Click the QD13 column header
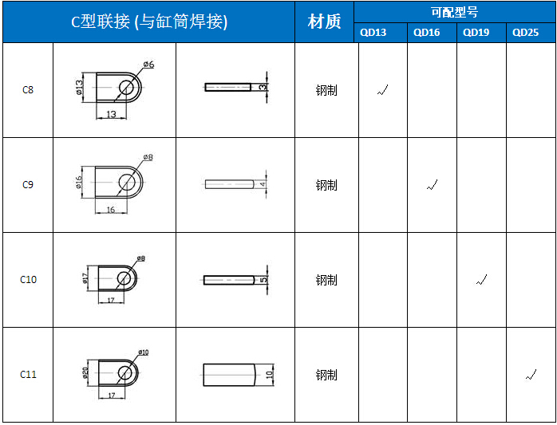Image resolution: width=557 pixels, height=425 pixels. [x=373, y=33]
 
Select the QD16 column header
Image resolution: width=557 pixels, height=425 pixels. [x=426, y=33]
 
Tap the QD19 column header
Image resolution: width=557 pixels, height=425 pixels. [x=476, y=33]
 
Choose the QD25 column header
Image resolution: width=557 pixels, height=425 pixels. [x=525, y=33]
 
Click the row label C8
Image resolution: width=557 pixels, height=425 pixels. [x=28, y=90]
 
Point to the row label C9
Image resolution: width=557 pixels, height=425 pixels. [x=28, y=185]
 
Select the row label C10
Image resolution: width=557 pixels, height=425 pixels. [x=28, y=280]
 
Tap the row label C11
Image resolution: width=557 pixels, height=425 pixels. [x=28, y=375]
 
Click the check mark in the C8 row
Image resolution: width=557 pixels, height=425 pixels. [x=382, y=90]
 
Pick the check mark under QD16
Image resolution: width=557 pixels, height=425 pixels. [x=432, y=185]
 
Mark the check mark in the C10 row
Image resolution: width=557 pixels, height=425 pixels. [x=481, y=280]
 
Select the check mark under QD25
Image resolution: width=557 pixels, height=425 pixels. [x=531, y=375]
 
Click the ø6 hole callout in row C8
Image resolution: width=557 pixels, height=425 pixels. [x=149, y=65]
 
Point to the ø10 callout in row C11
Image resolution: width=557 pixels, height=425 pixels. [x=143, y=352]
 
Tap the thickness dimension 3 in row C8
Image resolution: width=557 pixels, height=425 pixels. [x=263, y=87]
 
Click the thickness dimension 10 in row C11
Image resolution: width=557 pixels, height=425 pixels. [x=269, y=375]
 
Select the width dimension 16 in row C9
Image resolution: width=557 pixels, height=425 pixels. [x=111, y=210]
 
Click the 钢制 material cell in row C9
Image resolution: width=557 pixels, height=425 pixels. [x=326, y=185]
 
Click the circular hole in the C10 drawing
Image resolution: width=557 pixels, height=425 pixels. [x=124, y=278]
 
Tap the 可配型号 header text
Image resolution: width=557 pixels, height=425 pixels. [x=454, y=13]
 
